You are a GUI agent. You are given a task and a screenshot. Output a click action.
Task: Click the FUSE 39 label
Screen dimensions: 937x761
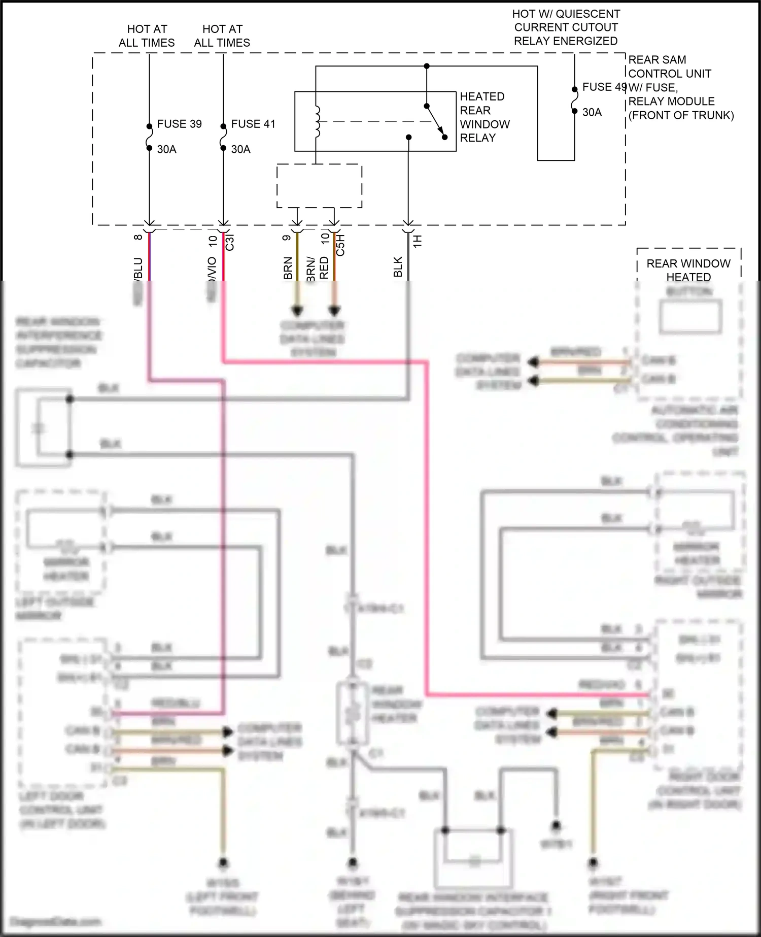pos(179,124)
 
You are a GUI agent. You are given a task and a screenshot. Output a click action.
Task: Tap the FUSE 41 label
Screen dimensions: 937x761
pos(253,124)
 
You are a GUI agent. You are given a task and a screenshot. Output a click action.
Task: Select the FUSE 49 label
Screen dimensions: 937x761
pos(604,87)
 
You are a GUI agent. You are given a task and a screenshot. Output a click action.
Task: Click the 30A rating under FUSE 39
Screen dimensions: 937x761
pos(166,149)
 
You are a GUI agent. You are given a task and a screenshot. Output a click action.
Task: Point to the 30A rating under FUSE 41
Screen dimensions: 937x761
pos(240,149)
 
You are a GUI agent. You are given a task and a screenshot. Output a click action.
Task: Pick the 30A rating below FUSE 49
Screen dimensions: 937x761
pos(592,112)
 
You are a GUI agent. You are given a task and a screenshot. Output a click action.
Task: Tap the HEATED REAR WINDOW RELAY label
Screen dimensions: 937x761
pos(484,117)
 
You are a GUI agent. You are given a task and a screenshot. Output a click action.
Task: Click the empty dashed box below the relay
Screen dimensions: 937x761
pos(319,186)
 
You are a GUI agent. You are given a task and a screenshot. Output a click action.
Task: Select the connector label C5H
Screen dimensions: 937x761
pos(340,245)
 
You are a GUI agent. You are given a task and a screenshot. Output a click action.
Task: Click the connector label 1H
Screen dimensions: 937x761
pos(418,241)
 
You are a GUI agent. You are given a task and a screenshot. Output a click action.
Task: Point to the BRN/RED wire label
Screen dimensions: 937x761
pos(318,267)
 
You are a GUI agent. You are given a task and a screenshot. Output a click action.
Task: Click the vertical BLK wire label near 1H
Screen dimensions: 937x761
pos(398,267)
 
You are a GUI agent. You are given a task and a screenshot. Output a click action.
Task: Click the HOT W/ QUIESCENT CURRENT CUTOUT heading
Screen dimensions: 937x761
pos(566,27)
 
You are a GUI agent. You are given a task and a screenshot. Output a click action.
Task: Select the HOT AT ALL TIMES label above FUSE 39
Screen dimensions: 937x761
pos(147,36)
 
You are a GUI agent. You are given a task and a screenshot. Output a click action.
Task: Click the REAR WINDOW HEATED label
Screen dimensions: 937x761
pos(688,270)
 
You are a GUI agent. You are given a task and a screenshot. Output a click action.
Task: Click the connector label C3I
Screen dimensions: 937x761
pos(229,243)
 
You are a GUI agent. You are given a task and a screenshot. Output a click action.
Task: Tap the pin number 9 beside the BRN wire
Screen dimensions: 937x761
pos(287,238)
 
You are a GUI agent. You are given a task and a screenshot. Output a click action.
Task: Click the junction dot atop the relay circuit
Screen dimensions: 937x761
pos(427,66)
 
